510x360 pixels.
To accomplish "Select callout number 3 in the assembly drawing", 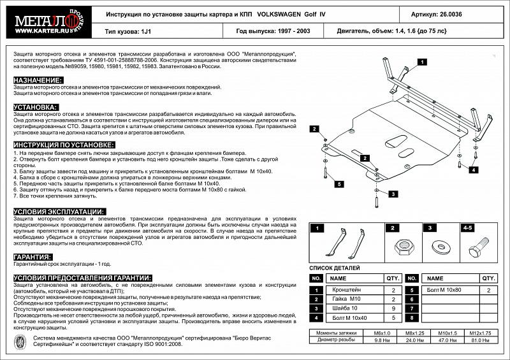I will (393, 194).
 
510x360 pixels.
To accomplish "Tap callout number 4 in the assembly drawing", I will (474, 170).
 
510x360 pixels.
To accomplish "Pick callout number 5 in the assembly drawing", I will (340, 184).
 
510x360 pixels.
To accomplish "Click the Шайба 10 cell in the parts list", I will (347, 308).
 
